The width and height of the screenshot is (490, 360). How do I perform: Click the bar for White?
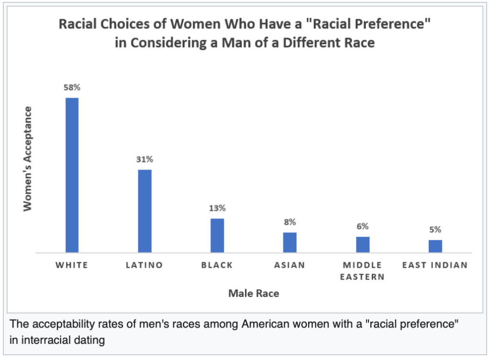click(x=72, y=175)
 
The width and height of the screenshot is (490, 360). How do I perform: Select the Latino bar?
click(x=145, y=211)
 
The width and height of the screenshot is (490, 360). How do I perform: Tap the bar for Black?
click(x=217, y=235)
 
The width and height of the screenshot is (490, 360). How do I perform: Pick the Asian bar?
click(x=290, y=242)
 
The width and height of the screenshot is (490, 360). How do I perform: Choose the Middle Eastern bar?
click(x=362, y=244)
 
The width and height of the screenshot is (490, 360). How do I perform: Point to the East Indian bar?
click(x=435, y=246)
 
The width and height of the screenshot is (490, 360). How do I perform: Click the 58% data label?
click(x=72, y=88)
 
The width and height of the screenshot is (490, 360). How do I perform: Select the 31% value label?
click(x=145, y=160)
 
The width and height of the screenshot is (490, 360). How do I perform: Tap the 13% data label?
click(x=217, y=208)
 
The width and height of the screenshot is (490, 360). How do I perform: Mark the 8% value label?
click(x=290, y=222)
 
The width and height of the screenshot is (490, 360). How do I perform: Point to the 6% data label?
click(x=362, y=226)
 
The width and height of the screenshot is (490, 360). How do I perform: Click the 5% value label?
click(x=435, y=230)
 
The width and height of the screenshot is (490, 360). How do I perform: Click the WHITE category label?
click(x=72, y=265)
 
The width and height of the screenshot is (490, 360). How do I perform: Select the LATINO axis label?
click(x=145, y=265)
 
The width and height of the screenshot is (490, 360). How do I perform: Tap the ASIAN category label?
click(x=290, y=265)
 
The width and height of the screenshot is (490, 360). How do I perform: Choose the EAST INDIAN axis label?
click(x=435, y=265)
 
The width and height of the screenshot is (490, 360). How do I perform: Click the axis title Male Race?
click(x=254, y=293)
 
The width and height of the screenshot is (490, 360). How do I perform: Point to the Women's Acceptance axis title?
click(x=27, y=158)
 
